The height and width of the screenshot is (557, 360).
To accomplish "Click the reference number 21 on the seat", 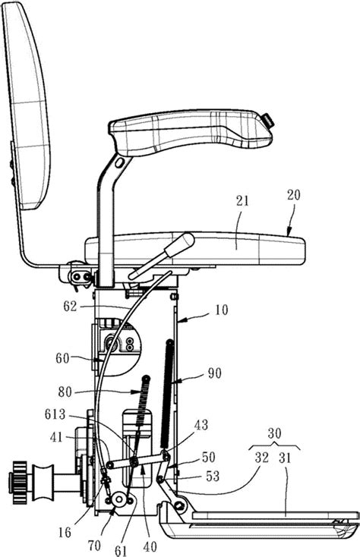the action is click(242, 201).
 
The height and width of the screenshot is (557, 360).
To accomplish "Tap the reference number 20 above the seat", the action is click(293, 195).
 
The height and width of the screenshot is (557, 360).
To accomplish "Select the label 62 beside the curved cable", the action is click(70, 306).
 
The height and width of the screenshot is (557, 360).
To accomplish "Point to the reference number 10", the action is click(222, 310).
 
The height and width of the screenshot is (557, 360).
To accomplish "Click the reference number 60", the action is click(62, 357).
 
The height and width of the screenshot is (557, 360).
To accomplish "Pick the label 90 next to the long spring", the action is click(214, 373).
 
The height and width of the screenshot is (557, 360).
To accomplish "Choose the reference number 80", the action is click(65, 392).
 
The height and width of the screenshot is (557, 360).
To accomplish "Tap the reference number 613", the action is click(55, 414).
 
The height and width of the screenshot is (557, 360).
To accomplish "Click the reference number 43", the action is click(201, 425).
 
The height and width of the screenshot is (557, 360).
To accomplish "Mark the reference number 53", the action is click(213, 476).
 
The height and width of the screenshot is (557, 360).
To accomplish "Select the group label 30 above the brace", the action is click(274, 433).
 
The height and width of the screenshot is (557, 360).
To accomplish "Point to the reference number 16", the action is click(65, 532).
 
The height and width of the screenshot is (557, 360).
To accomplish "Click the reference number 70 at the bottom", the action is click(94, 545).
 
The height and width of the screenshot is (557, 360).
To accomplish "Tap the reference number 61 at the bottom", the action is click(121, 550).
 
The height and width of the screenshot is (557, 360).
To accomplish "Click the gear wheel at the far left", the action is click(19, 483).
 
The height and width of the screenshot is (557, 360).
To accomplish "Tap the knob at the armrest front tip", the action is click(269, 121).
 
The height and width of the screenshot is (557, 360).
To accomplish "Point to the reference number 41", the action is click(56, 436).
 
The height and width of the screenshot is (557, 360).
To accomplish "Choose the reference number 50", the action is click(208, 456).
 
